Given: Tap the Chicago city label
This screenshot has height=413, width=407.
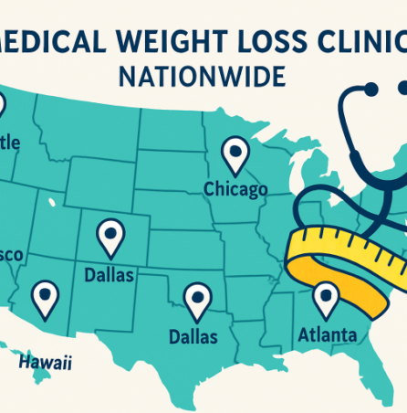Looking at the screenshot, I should (x=235, y=189).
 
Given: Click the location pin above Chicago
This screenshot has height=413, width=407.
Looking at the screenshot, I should (x=235, y=153).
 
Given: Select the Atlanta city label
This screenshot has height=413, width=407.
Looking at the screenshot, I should (x=328, y=335).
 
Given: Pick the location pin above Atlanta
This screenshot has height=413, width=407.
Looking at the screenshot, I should (x=325, y=296).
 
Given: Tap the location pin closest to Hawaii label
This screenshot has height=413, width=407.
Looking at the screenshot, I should (x=44, y=296).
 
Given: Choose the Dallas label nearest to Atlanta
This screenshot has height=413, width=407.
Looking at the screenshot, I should (x=193, y=337).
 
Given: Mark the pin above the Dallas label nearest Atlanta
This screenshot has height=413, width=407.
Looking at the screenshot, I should (x=195, y=298).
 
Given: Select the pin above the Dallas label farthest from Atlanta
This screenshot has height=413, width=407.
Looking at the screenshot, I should (x=110, y=235).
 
